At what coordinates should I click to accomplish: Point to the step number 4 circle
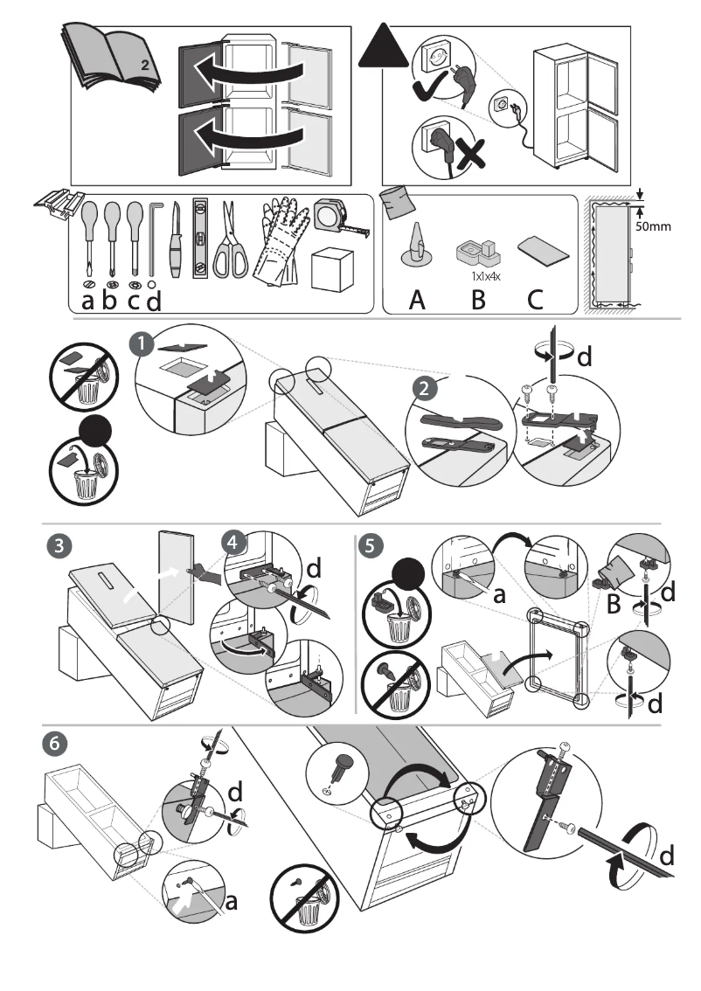tap(233, 541)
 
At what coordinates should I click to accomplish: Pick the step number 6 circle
tap(54, 744)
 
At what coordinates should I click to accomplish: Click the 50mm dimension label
tap(652, 226)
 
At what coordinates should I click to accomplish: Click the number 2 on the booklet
tap(145, 66)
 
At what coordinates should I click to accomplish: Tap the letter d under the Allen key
tap(154, 301)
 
